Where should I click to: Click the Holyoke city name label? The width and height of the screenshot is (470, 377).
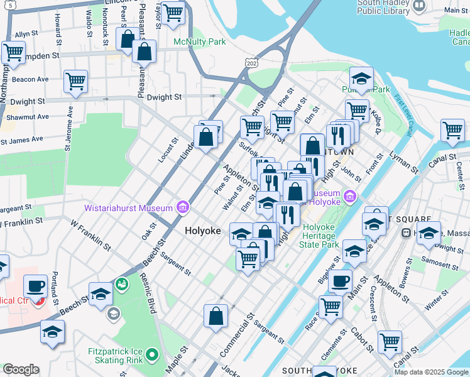pyautogui.click(x=203, y=231)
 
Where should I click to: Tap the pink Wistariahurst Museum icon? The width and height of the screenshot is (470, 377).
pyautogui.click(x=182, y=206)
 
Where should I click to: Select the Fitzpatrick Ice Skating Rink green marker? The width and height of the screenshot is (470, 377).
pyautogui.click(x=151, y=356)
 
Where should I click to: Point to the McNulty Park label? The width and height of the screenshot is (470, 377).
pyautogui.click(x=199, y=42)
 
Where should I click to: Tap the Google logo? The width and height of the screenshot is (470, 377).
pyautogui.click(x=21, y=369)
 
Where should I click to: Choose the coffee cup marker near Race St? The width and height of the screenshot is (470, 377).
pyautogui.click(x=340, y=281)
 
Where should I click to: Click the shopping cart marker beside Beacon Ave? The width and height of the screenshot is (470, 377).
pyautogui.click(x=75, y=80)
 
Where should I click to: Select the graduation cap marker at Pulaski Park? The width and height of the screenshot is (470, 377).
pyautogui.click(x=361, y=79)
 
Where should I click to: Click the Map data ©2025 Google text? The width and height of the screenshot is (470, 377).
pyautogui.click(x=430, y=371)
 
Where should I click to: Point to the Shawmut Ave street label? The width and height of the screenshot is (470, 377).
pyautogui.click(x=27, y=117)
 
